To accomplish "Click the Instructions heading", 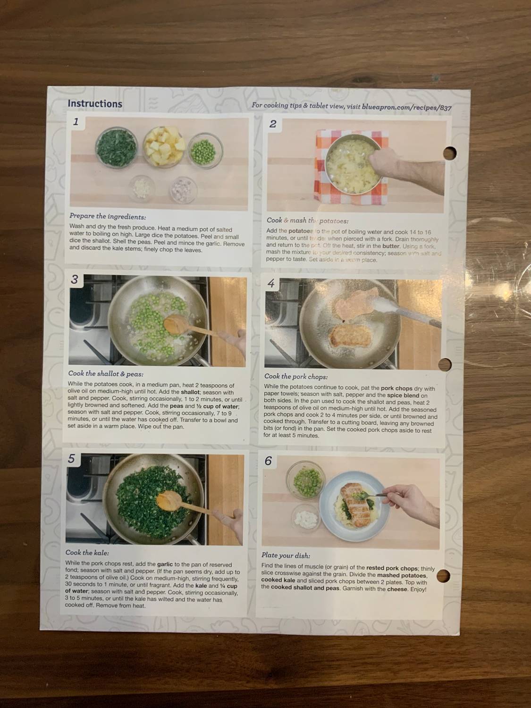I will coord(95,104).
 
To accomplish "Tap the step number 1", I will coord(76,122).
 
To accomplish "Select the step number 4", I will coord(271,283).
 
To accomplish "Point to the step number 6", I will coord(268,461).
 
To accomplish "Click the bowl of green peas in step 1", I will coord(205,151).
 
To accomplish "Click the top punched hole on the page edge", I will coord(449,153).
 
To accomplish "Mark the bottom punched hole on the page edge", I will coord(443,576).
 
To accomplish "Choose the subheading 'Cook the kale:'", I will coord(87,552).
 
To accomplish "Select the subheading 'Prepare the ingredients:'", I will coord(108,217).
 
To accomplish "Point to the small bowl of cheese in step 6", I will coord(304,519).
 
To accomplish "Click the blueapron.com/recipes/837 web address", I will coord(407,107).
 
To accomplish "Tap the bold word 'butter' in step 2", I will coord(391,246).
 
